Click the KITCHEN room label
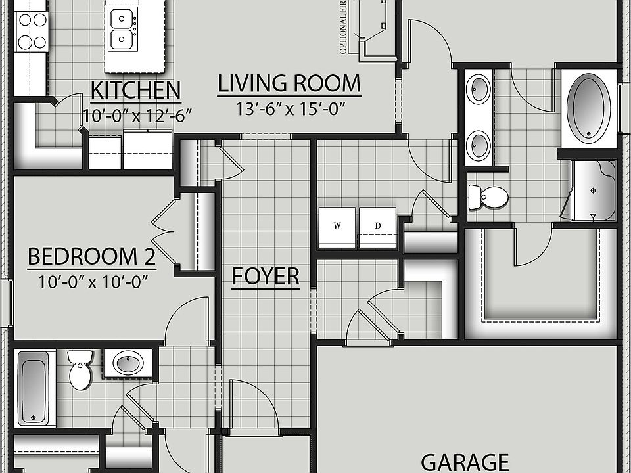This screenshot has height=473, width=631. click(x=135, y=89)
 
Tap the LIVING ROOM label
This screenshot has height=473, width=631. click(x=289, y=84)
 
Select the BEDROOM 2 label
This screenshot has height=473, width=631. click(x=91, y=257)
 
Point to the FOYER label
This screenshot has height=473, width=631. click(x=266, y=277)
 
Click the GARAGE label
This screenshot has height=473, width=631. click(x=465, y=462)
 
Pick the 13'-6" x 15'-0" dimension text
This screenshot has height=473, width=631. click(x=290, y=108)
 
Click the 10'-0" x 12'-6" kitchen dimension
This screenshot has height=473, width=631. click(x=137, y=115)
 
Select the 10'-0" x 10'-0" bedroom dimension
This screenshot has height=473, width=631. click(x=92, y=282)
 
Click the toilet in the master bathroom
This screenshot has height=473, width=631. click(x=488, y=196)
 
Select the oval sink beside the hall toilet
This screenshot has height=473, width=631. click(x=128, y=362)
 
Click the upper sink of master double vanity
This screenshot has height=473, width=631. click(x=479, y=89)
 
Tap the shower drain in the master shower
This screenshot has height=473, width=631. click(x=594, y=191)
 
